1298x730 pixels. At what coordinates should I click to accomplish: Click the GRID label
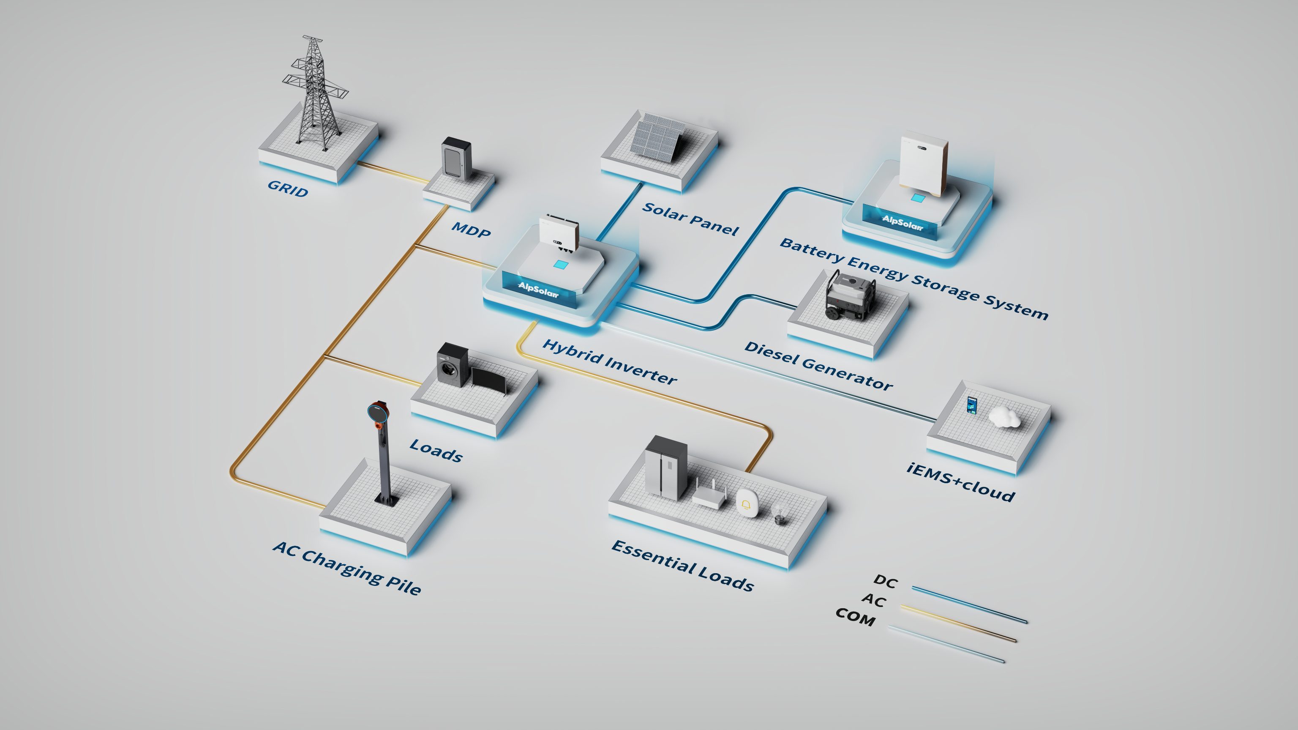tap(288, 189)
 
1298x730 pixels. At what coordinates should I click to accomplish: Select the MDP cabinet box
tap(456, 159)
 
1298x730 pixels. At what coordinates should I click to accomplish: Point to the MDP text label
tap(471, 230)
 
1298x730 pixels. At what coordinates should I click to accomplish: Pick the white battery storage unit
tap(923, 164)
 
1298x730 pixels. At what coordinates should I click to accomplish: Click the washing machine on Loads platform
tap(453, 364)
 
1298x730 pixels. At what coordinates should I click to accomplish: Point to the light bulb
tap(779, 513)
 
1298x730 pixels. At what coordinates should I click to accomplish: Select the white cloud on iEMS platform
tap(1004, 416)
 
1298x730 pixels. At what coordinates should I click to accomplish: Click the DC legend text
tap(885, 581)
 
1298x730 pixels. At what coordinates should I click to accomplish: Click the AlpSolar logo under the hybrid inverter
tap(539, 290)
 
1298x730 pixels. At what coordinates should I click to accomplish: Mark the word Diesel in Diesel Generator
tap(772, 353)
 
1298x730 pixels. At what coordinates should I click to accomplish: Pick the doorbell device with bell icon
tap(747, 503)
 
